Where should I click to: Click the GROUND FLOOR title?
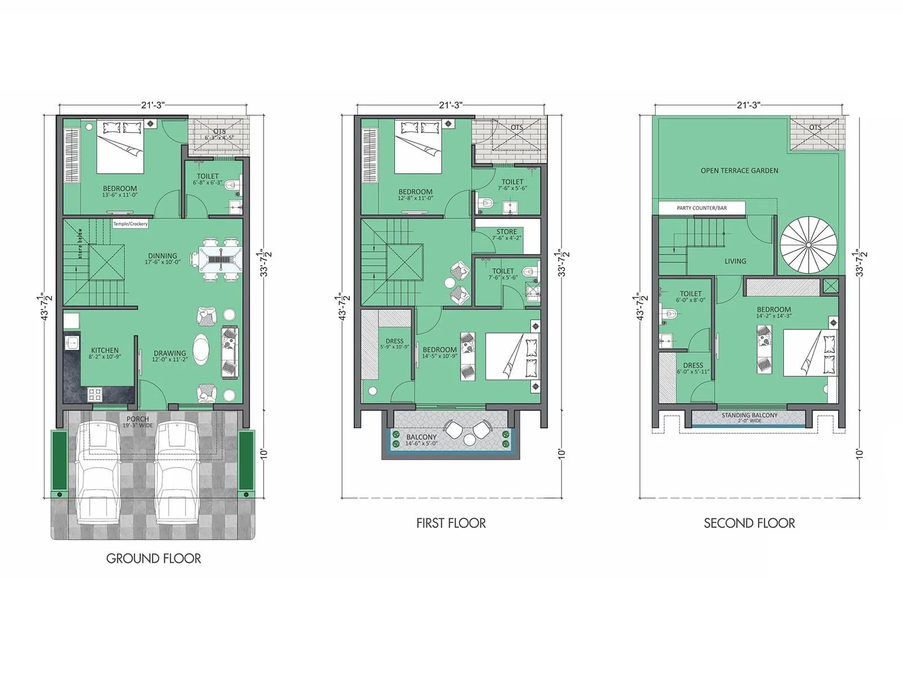[154, 559]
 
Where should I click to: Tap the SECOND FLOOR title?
[749, 524]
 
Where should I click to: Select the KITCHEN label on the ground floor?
[105, 350]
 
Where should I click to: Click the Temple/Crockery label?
[130, 224]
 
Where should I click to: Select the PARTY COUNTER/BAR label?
[702, 208]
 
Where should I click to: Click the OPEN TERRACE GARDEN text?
[739, 170]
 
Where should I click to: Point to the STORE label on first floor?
[506, 232]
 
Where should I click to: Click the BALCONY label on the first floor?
[421, 437]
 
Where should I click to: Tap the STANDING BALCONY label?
[749, 415]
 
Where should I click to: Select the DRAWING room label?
[169, 354]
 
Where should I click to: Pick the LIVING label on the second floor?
[735, 261]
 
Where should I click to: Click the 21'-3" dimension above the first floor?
[450, 105]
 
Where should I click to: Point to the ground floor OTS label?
[219, 131]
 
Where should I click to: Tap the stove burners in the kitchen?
[94, 394]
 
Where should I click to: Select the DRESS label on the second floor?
[692, 365]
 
